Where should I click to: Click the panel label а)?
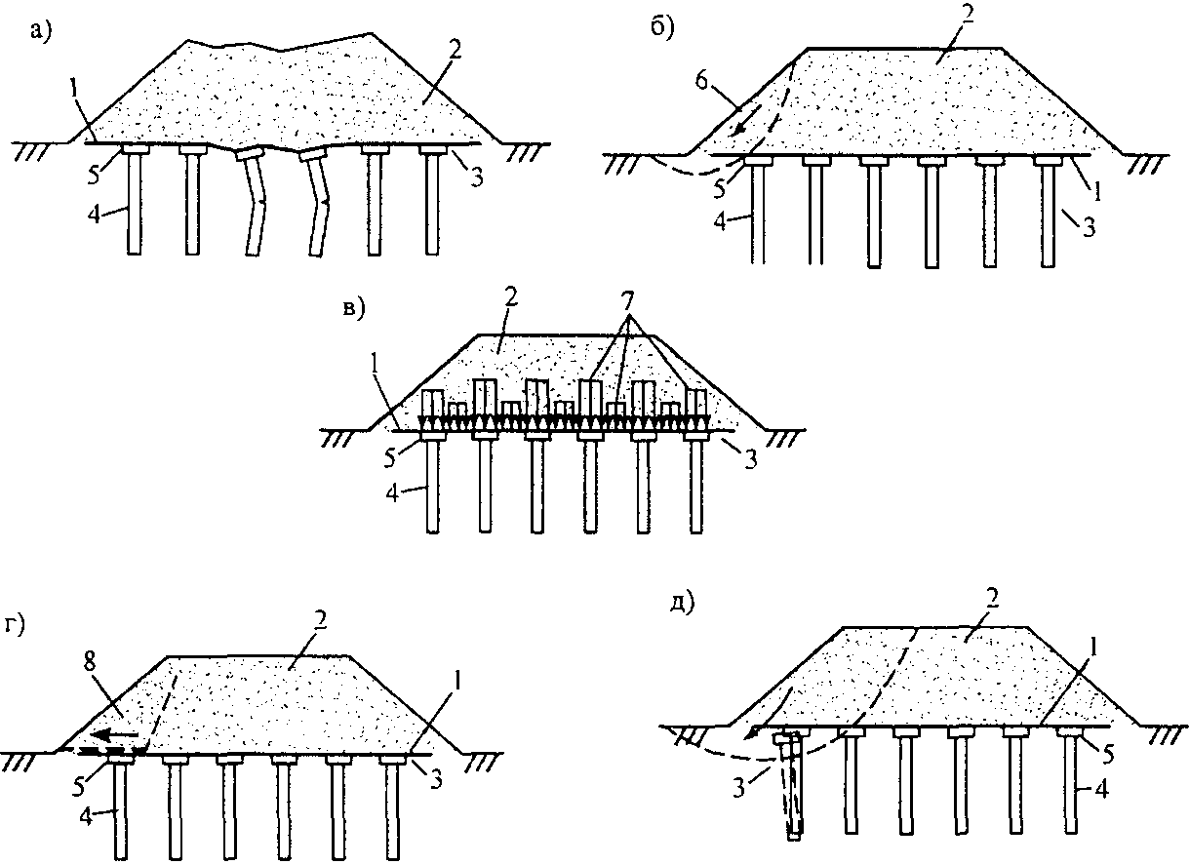(x=41, y=31)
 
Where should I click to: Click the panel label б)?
(x=663, y=27)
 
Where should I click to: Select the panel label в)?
(x=354, y=308)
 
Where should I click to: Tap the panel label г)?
(x=15, y=627)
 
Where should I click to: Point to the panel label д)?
(x=682, y=604)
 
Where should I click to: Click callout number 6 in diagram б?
(x=701, y=83)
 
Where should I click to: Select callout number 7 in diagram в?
(x=628, y=301)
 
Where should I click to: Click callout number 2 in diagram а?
(x=456, y=51)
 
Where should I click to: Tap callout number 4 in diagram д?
(x=1101, y=790)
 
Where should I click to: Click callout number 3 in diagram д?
(x=739, y=789)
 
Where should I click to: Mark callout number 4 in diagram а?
(x=95, y=216)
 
